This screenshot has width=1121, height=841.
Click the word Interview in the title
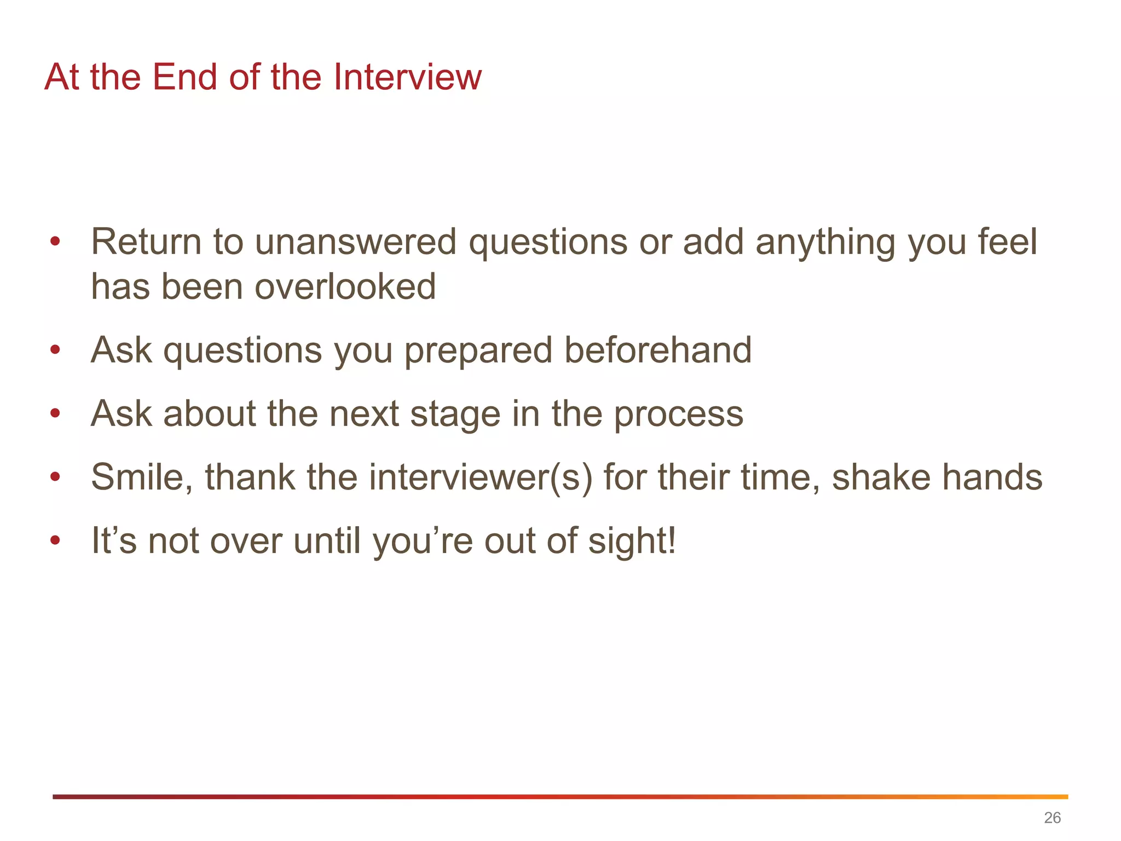coord(407,77)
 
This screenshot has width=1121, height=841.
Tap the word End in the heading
coord(184,77)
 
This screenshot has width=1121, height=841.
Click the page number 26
coord(1052,817)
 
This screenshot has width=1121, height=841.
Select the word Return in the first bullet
coord(146,241)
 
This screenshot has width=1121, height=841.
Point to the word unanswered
coord(355,241)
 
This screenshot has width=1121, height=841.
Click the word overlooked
coord(345,286)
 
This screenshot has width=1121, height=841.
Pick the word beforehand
coord(658,350)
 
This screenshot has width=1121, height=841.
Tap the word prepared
coord(478,351)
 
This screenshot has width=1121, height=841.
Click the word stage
coord(455,414)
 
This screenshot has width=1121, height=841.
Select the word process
coord(679,414)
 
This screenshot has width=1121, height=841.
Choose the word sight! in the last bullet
coord(632,542)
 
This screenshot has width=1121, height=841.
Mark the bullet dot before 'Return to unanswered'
coord(55,241)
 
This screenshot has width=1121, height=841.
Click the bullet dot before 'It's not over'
coord(55,540)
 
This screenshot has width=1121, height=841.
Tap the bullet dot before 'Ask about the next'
coord(55,413)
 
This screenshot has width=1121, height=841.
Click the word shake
coord(881,477)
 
